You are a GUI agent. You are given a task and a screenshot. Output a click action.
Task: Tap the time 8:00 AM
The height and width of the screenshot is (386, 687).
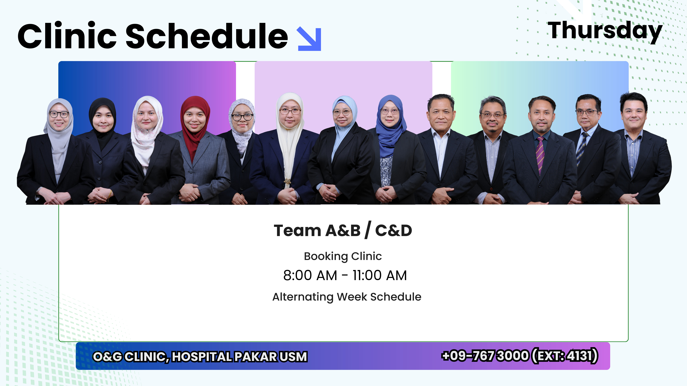(310, 275)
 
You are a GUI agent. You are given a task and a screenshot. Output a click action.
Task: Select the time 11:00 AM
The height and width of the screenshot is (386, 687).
(380, 275)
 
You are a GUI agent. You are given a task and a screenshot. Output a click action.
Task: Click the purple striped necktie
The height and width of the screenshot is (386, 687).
(540, 155)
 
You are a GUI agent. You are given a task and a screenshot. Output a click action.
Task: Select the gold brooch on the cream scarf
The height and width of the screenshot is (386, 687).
(287, 181)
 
